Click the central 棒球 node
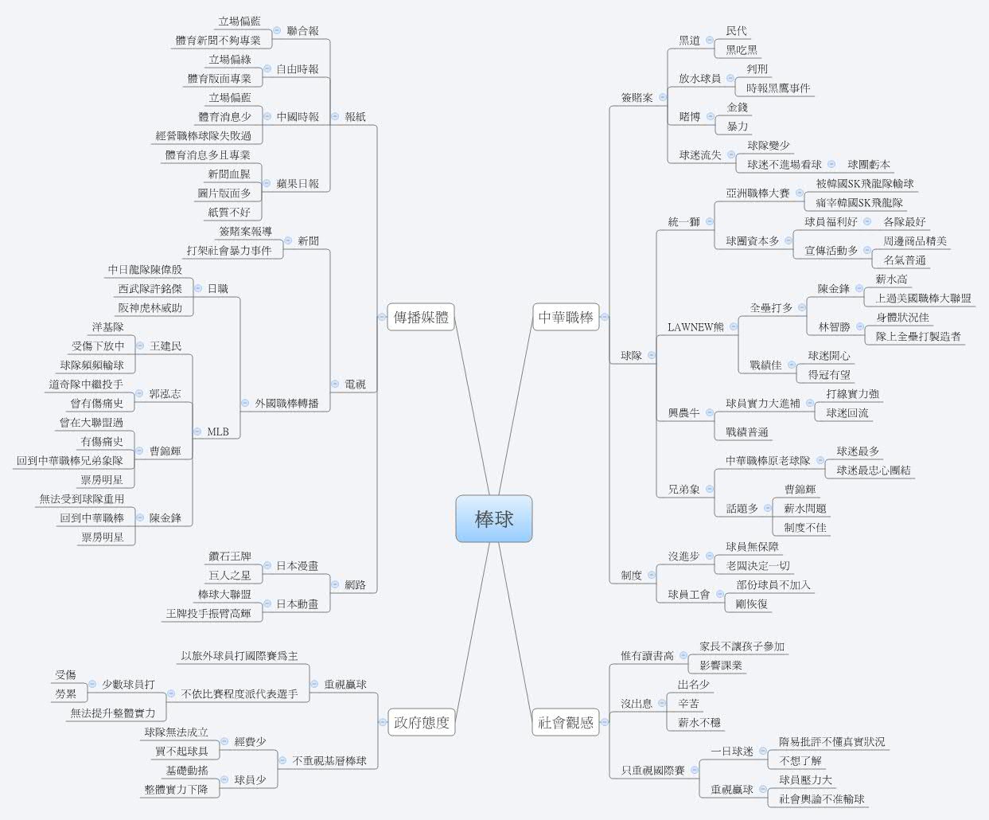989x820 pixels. click(493, 519)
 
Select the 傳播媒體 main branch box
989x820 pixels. click(420, 317)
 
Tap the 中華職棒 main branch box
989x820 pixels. click(566, 317)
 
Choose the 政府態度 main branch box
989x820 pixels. click(422, 723)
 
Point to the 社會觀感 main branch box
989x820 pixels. click(566, 723)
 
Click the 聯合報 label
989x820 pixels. click(302, 31)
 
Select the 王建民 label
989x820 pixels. click(165, 346)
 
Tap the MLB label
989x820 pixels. click(218, 432)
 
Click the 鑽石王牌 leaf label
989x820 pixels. click(230, 556)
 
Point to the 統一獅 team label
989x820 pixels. click(683, 222)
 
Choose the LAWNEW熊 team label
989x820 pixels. click(695, 327)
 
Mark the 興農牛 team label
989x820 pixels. click(683, 413)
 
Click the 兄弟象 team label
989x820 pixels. click(683, 490)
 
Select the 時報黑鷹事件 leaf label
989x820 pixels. click(778, 88)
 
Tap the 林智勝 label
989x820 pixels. click(834, 327)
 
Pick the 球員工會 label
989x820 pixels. click(689, 595)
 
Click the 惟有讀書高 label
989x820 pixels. click(647, 656)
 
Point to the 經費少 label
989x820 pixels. click(250, 742)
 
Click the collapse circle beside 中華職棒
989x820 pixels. click(605, 317)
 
